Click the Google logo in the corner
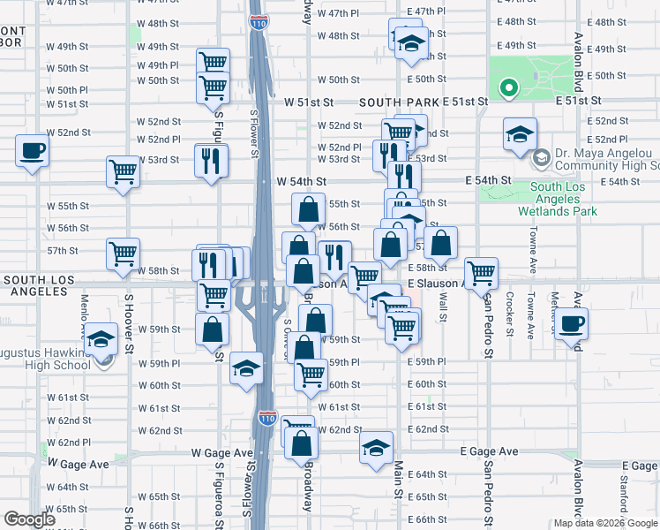coord(30,519)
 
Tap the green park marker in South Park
coord(508,87)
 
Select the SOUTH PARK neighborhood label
coord(399,102)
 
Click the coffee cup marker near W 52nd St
coord(32,149)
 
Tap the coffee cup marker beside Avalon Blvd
coord(571,322)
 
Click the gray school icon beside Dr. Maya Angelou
coord(540,160)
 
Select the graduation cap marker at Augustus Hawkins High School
coord(102,340)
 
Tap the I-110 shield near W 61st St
coord(267,417)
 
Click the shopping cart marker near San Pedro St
coord(481,273)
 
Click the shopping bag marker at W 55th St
coord(309,210)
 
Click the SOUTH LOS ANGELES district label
coord(42,280)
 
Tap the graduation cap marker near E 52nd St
coord(521,134)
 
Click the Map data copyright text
coord(605,523)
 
